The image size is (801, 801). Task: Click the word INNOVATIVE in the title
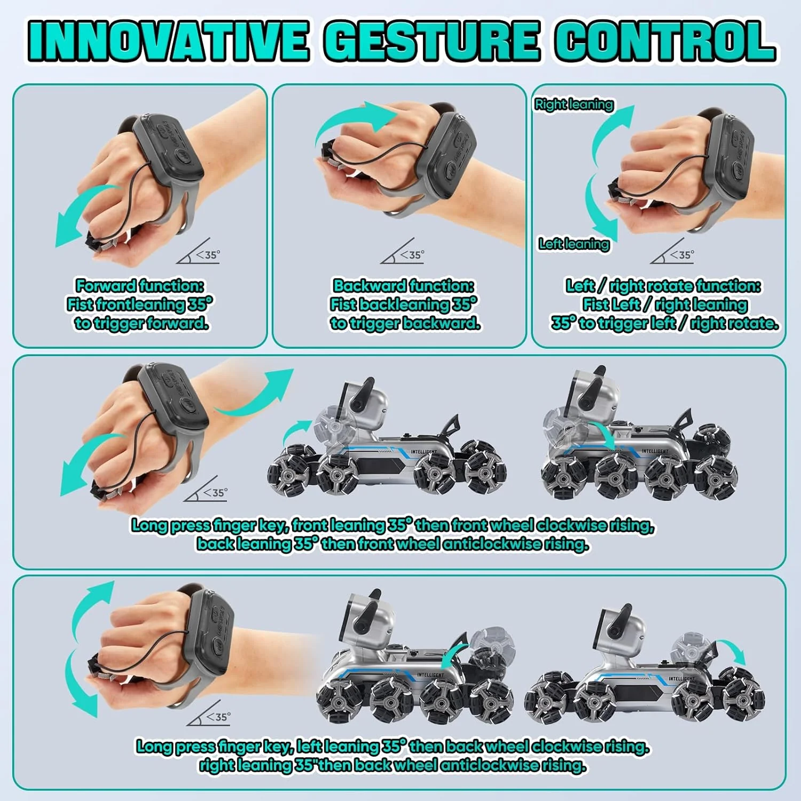coord(168,41)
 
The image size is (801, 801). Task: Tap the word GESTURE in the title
coord(431,41)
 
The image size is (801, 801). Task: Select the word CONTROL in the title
coord(665,41)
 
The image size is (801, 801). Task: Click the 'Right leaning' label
coord(574,104)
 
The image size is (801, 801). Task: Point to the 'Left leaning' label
coord(574,244)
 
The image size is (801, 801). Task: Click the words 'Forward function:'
coord(140,286)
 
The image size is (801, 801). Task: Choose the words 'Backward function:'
coord(404,286)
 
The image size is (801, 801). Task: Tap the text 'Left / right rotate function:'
coord(663,286)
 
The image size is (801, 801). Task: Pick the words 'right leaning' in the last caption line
coord(245,765)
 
